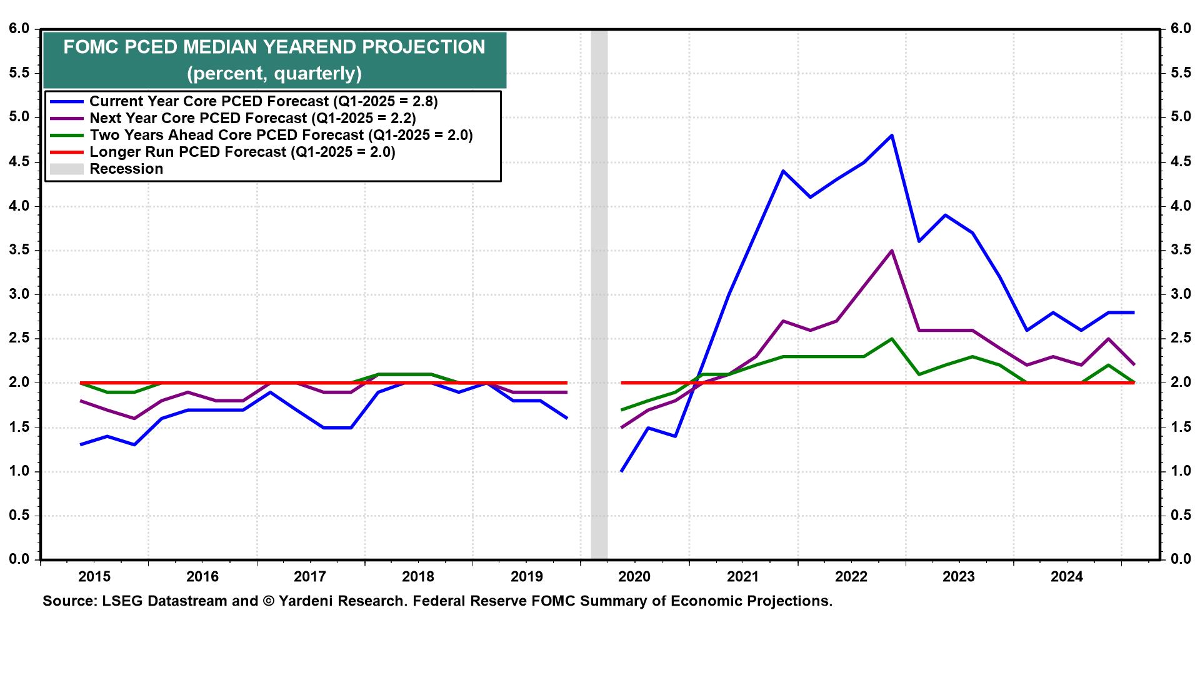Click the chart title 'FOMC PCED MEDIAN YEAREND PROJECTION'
pos(274,47)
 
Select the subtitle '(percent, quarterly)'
pos(274,74)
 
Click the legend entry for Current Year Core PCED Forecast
pos(263,101)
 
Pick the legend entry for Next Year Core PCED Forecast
pos(252,118)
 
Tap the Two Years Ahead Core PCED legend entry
pos(281,135)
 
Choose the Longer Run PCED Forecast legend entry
pos(242,152)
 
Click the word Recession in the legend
pos(126,169)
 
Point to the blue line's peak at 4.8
pos(891,135)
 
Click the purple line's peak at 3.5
pos(891,251)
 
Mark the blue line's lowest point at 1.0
pos(622,471)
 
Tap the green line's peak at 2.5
pos(891,339)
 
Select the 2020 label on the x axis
pos(635,576)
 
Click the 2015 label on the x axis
pos(94,576)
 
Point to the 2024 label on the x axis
pos(1067,576)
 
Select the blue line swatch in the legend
pos(66,101)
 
